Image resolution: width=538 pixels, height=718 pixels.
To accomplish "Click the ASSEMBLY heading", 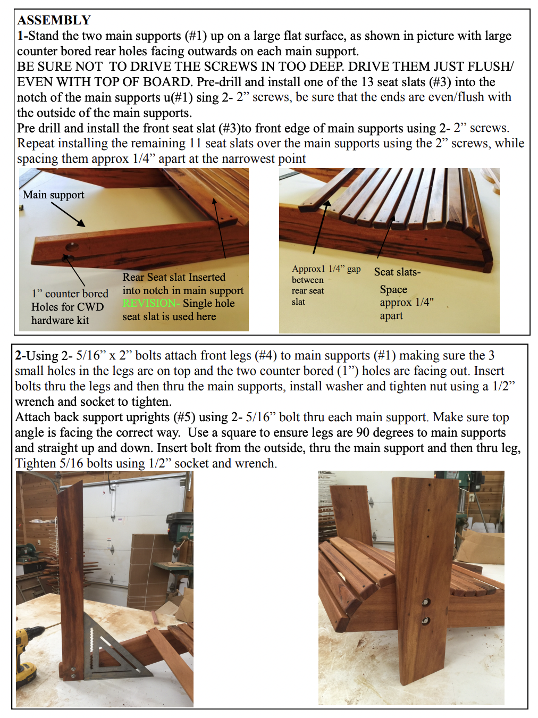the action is pyautogui.click(x=54, y=20).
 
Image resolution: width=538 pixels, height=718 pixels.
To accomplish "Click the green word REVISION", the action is pyautogui.click(x=151, y=303).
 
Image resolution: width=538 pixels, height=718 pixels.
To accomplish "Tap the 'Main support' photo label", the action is pyautogui.click(x=53, y=195).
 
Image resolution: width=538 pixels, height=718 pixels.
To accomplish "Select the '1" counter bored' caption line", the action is pyautogui.click(x=70, y=294).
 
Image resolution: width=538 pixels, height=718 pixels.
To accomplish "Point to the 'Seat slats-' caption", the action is pyautogui.click(x=397, y=272).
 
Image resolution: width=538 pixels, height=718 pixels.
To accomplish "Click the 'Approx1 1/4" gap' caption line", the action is pyautogui.click(x=326, y=269).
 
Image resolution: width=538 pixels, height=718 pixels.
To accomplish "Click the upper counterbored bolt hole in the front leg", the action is pyautogui.click(x=426, y=602).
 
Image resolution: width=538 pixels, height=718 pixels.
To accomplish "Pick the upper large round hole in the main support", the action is pyautogui.click(x=72, y=247).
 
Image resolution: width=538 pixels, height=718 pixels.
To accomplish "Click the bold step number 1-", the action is pyautogui.click(x=23, y=36).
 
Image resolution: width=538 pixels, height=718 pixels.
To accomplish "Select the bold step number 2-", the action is pyautogui.click(x=21, y=356).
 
